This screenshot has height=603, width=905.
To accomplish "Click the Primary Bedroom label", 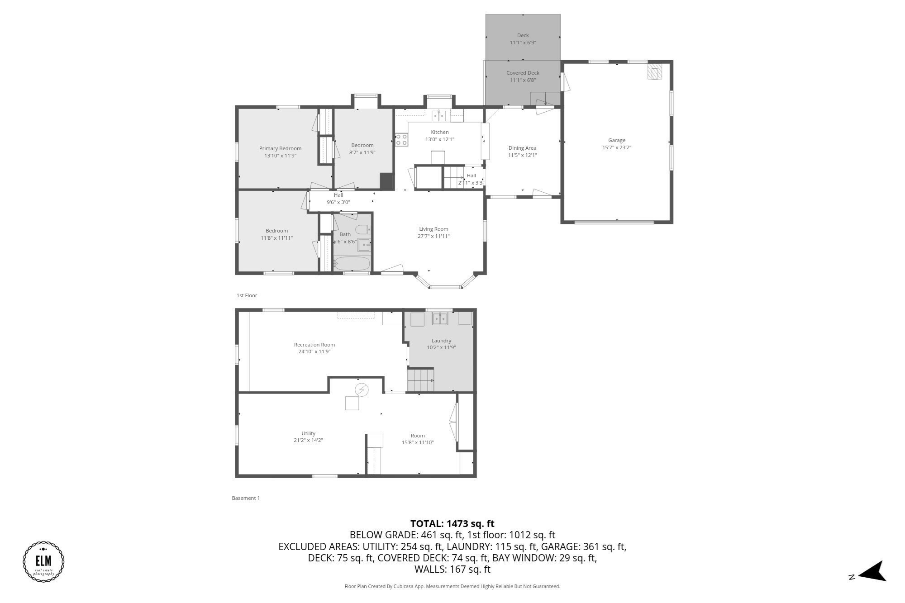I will [280, 148].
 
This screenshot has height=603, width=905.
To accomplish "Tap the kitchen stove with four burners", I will [401, 140].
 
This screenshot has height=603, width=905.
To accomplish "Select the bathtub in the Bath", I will [352, 263].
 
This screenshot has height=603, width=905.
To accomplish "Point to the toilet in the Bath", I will [362, 230].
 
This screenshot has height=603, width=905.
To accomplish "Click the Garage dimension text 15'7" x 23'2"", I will [616, 147].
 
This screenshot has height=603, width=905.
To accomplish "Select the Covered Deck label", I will [523, 73].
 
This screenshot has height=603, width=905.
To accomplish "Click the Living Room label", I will [433, 229].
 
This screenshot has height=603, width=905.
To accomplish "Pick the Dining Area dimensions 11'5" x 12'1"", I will [522, 155].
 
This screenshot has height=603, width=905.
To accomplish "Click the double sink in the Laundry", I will [439, 318].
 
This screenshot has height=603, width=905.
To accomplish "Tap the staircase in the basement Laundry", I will [420, 380].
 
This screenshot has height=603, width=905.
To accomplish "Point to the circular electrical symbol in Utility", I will [362, 389].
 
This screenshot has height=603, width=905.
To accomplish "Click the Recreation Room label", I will [314, 345].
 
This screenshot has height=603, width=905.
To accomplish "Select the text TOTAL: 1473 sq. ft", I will [452, 524].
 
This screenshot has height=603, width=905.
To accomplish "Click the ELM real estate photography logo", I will [43, 561].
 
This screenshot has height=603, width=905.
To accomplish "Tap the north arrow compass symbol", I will [872, 571].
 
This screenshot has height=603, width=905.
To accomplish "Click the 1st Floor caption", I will [247, 295].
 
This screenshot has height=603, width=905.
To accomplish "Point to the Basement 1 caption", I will [246, 498].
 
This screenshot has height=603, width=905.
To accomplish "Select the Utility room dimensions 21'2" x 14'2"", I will [308, 440].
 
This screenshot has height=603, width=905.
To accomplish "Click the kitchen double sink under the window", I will [438, 116].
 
